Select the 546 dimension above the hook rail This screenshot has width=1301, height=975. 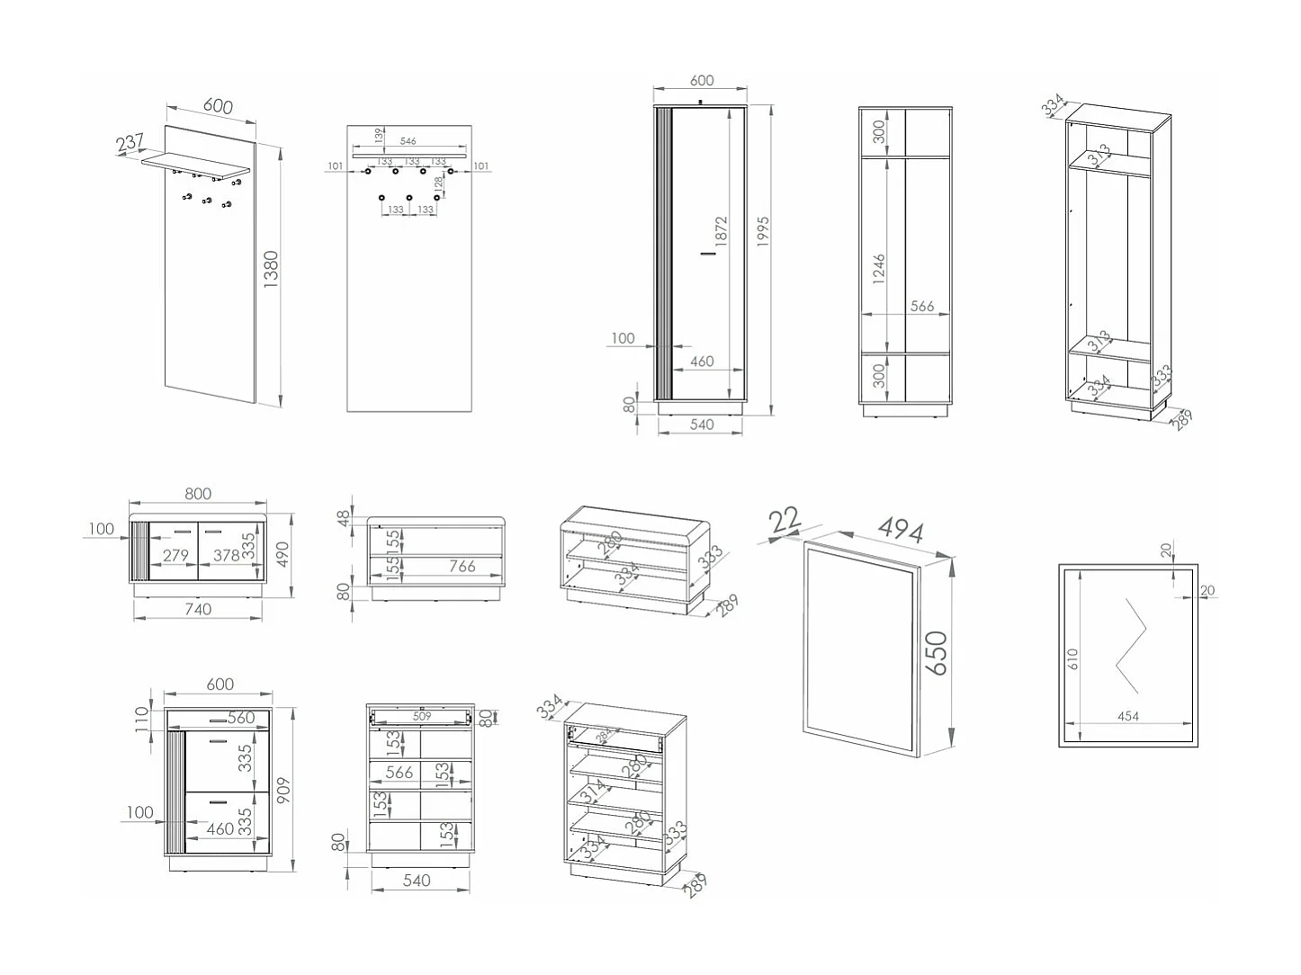408,141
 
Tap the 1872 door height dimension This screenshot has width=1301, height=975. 721,231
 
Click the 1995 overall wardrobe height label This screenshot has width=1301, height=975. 763,233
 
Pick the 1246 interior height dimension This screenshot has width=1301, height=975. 879,269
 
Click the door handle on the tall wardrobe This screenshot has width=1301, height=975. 709,255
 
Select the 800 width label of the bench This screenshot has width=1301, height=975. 198,494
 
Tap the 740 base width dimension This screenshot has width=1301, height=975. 198,609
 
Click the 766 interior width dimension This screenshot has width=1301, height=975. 462,566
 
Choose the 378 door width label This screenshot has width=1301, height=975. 226,556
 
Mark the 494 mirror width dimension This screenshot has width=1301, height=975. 902,530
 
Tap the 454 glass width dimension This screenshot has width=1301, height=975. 1128,716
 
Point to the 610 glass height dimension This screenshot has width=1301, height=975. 1072,659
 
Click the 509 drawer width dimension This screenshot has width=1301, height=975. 422,717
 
